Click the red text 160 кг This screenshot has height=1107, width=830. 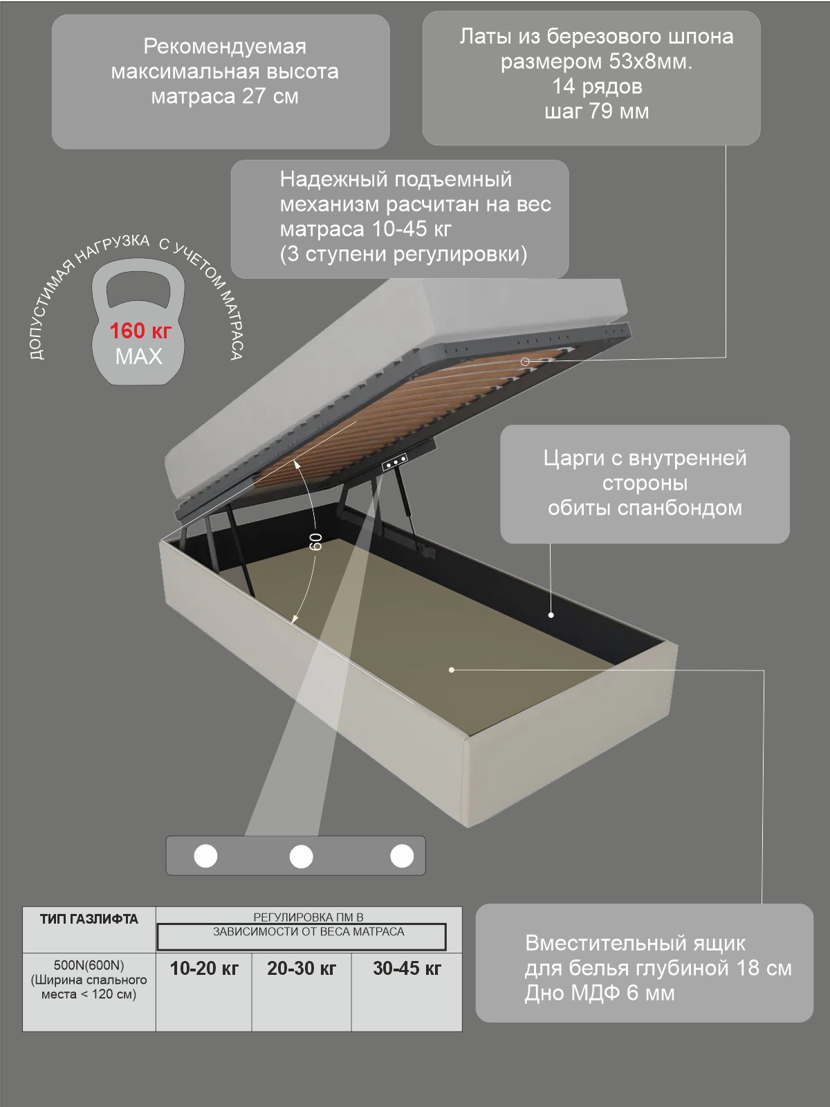pyautogui.click(x=140, y=331)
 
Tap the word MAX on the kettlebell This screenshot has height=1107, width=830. pyautogui.click(x=138, y=356)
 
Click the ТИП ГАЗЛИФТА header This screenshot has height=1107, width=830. pyautogui.click(x=89, y=919)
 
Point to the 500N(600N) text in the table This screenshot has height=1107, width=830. pyautogui.click(x=89, y=965)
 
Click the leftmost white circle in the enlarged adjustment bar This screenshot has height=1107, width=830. pyautogui.click(x=205, y=856)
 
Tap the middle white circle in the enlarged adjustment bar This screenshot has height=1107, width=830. pyautogui.click(x=301, y=857)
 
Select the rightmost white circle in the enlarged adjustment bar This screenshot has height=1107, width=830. pyautogui.click(x=402, y=856)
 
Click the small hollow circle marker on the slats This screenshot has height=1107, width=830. pyautogui.click(x=524, y=361)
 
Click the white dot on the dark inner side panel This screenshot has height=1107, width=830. pyautogui.click(x=551, y=615)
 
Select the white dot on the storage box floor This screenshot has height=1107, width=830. pyautogui.click(x=452, y=670)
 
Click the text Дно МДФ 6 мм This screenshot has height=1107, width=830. pyautogui.click(x=600, y=993)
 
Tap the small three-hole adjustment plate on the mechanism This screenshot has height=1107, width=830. pyautogui.click(x=395, y=462)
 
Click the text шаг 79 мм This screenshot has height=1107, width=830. pyautogui.click(x=596, y=111)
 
